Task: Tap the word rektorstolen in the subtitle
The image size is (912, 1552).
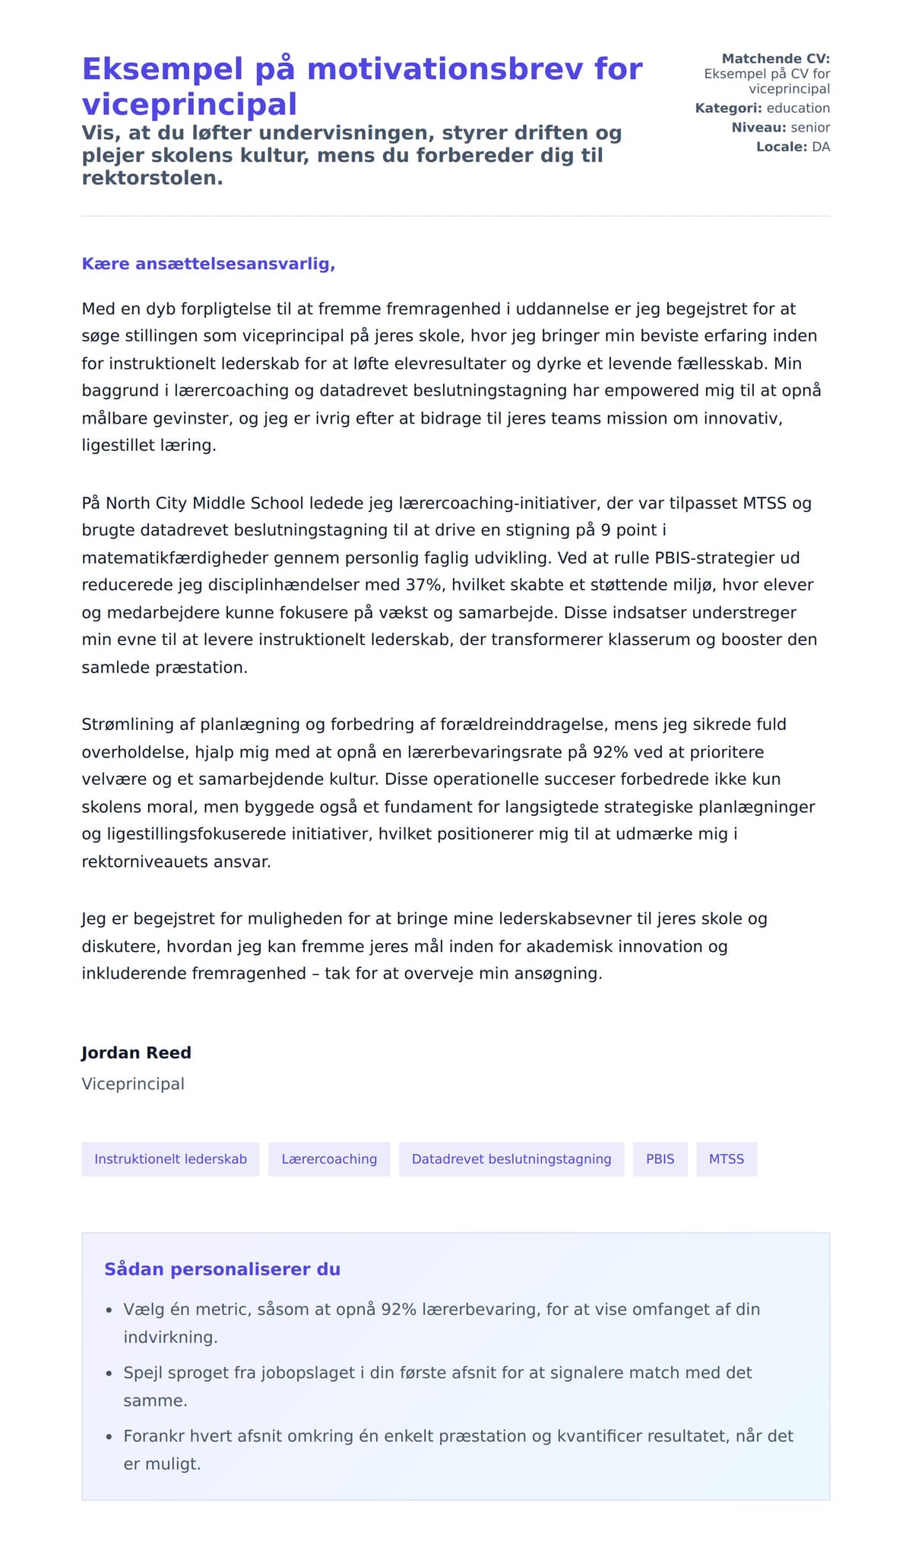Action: pos(152,179)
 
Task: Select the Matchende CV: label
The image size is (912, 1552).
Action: pos(775,59)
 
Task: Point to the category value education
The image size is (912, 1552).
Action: pos(798,108)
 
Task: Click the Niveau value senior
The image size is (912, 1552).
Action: pos(810,128)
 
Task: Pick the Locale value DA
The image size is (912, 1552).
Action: pos(821,147)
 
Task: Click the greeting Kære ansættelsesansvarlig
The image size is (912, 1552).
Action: pos(208,264)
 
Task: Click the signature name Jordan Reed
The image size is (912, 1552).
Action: pos(136,1052)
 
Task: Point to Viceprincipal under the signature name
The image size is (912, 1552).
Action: pos(133,1084)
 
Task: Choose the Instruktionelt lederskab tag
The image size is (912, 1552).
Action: pos(170,1159)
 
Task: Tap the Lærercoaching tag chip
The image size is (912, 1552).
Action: pos(329,1159)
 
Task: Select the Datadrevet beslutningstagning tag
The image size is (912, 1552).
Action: pos(511,1159)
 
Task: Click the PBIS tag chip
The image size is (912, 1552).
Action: pos(660,1159)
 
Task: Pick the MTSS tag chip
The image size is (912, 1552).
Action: pos(727,1159)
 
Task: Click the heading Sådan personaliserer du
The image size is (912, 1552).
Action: pos(222,1269)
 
